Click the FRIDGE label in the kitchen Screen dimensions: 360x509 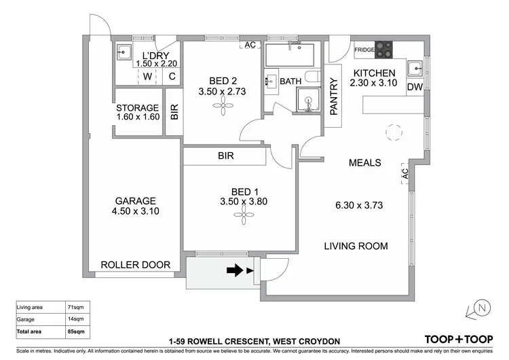[365, 50]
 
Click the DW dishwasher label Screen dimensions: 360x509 [415, 87]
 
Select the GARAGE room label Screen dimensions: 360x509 [135, 200]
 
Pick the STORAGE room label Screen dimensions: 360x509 [137, 107]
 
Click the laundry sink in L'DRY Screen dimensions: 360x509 [124, 52]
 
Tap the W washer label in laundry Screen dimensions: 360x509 [147, 76]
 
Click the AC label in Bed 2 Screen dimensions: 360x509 [250, 46]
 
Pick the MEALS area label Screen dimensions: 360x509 [364, 163]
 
